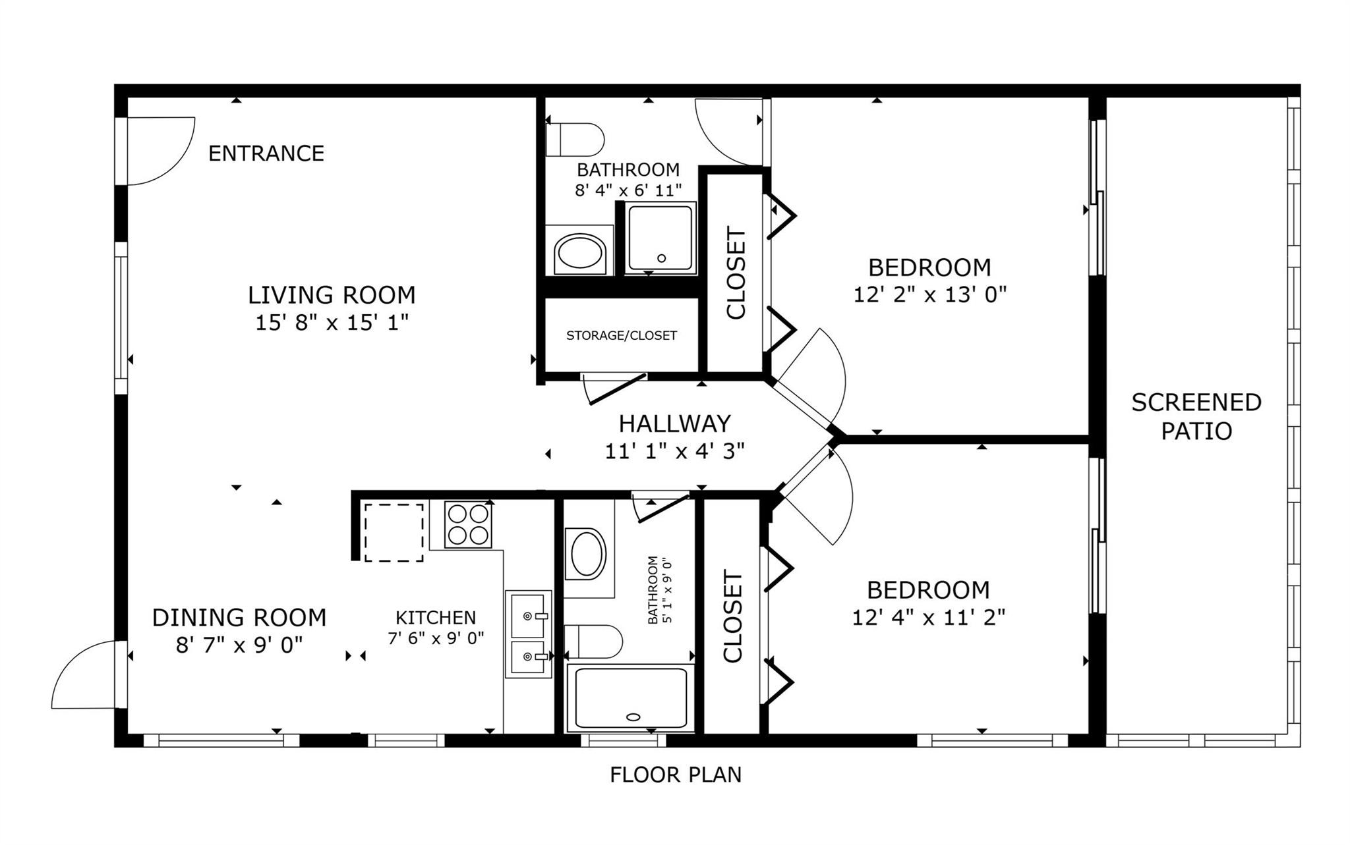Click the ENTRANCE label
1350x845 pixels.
click(266, 153)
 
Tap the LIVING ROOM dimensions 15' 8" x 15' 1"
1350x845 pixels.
click(332, 323)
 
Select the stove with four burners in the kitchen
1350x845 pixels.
click(467, 524)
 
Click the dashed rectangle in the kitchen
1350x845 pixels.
click(394, 532)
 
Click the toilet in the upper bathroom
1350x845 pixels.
click(575, 139)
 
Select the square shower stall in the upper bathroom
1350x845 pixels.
click(660, 238)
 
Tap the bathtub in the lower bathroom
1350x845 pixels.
click(631, 699)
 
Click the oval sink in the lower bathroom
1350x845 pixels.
click(587, 553)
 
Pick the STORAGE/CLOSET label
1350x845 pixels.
click(621, 336)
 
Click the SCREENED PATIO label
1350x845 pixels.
click(1196, 416)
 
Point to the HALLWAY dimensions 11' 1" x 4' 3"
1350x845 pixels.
click(674, 451)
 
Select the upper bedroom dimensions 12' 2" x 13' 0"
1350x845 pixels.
click(929, 294)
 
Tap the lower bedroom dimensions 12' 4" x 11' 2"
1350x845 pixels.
click(928, 618)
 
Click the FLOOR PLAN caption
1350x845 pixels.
click(675, 775)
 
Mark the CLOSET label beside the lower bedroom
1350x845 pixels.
click(733, 616)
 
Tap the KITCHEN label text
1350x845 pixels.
click(435, 618)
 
